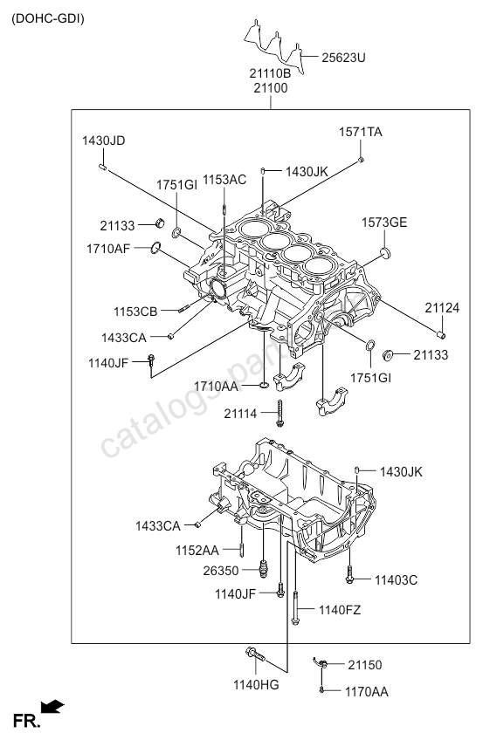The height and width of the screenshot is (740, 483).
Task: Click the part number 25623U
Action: point(343,58)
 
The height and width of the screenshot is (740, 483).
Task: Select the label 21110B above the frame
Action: point(272,74)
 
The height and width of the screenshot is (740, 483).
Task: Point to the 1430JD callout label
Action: point(104,140)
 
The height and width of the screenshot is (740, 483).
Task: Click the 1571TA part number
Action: point(361,132)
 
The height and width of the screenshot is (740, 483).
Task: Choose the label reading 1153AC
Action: point(224,180)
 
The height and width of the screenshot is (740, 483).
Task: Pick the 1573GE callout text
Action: point(384,223)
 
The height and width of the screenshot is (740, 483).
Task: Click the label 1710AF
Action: point(107,249)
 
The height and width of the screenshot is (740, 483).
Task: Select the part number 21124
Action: point(442,307)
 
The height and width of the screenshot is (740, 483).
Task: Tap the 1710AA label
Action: point(216,385)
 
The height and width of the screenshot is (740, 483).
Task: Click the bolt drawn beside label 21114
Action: point(279,412)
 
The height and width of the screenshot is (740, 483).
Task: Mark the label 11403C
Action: point(397,579)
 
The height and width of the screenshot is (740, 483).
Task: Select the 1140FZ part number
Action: point(340,609)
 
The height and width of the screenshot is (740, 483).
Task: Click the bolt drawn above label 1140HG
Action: point(254,654)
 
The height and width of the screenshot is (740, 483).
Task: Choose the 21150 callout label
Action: point(364,665)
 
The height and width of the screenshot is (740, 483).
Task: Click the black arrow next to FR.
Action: point(52,706)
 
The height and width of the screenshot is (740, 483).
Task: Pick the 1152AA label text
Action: point(197,550)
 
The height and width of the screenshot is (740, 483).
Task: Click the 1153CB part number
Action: point(135,312)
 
